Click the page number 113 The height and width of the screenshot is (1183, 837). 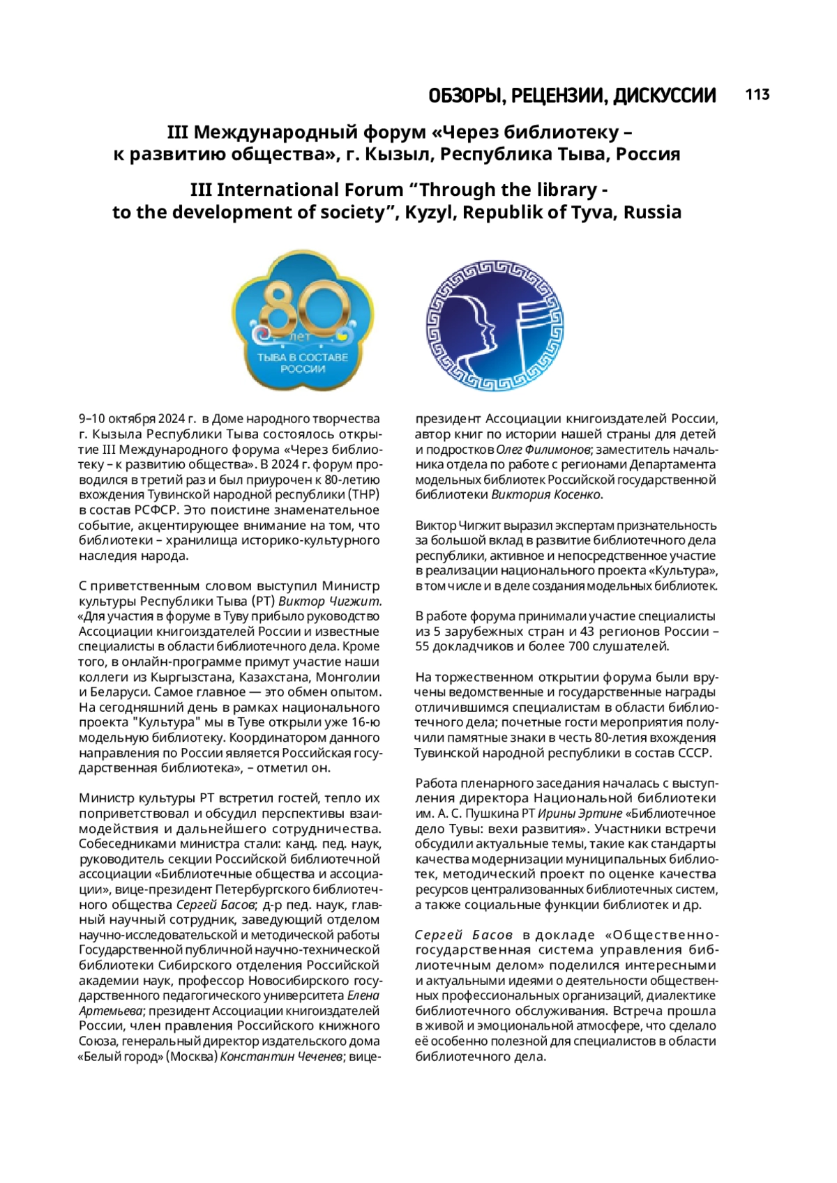(757, 95)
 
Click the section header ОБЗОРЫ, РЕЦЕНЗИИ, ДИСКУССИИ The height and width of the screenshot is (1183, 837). (572, 96)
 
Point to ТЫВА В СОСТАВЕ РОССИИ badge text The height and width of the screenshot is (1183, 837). (303, 362)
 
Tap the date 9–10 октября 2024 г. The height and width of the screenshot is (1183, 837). (137, 419)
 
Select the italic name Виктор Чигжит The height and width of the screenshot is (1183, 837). (329, 601)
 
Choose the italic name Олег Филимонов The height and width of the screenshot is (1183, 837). (543, 450)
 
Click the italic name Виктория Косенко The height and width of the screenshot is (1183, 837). (545, 495)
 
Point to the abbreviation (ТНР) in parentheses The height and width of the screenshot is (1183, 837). (363, 495)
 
